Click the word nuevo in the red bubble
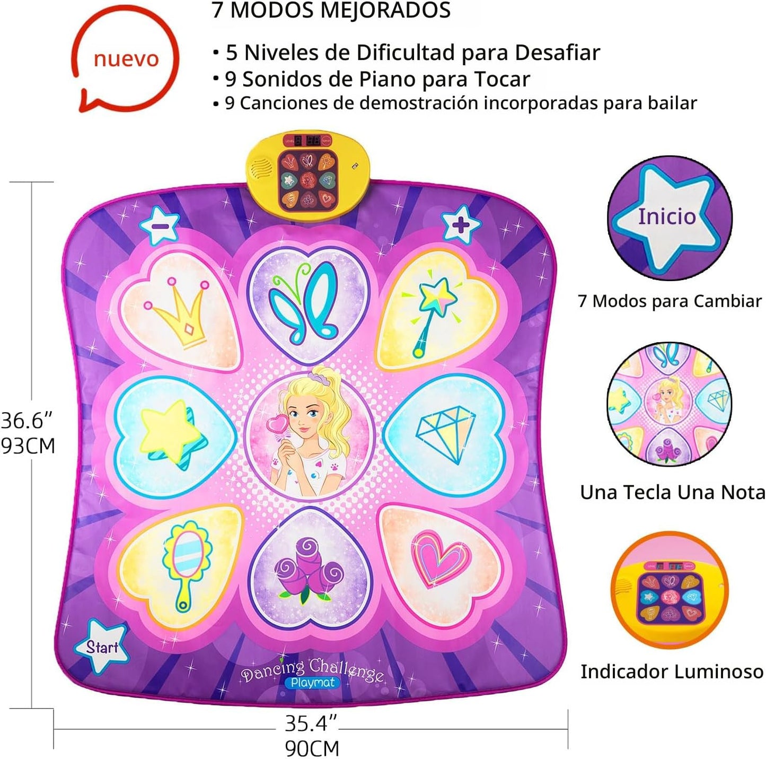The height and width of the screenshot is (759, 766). coord(126,59)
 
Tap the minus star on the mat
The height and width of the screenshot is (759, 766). coord(160,225)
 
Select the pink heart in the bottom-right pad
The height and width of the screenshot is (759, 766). coord(441,559)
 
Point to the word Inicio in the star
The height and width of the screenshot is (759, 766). coord(667,216)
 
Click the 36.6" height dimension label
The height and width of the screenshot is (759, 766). coord(27,420)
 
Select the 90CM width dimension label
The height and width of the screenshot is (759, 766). coord(312,748)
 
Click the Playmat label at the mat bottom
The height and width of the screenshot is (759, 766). coord(313,683)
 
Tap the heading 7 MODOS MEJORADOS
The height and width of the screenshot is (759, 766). coord(331,10)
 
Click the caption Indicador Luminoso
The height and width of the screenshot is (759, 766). coord(672,671)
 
